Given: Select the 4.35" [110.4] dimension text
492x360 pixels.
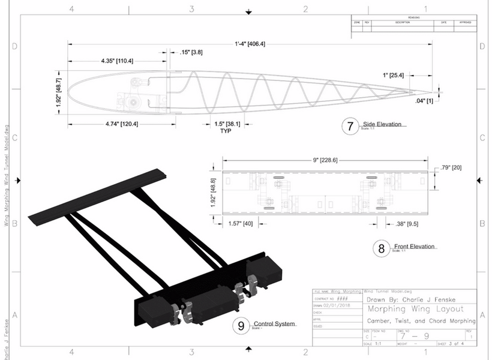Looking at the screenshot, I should coord(118,61).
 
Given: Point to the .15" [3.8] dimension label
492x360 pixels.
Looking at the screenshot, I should coord(191,53).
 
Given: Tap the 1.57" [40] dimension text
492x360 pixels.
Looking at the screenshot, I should coord(239,224).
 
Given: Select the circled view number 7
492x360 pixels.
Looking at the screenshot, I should coord(349,127).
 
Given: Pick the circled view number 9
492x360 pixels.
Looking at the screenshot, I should coord(241,326).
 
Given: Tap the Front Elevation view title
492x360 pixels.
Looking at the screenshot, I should coord(413,246).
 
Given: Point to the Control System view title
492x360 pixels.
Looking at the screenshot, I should coord(274,324).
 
